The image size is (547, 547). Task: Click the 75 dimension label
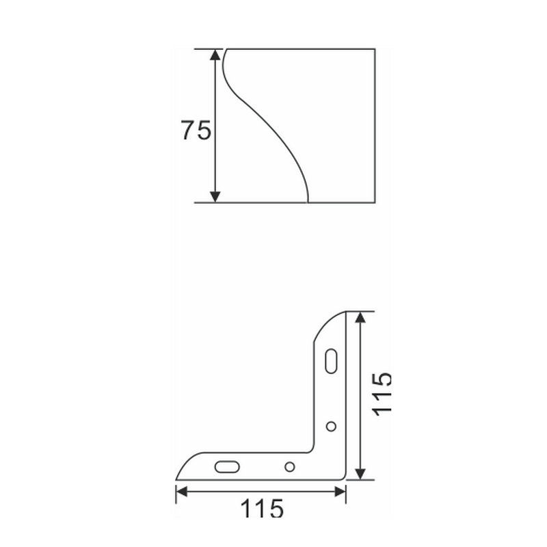pyautogui.click(x=196, y=130)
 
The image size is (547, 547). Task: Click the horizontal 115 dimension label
pyautogui.click(x=262, y=508)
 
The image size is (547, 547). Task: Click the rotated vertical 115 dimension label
pyautogui.click(x=382, y=395)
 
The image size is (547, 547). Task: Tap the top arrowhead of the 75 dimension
pyautogui.click(x=215, y=55)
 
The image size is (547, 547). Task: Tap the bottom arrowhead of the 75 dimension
pyautogui.click(x=215, y=197)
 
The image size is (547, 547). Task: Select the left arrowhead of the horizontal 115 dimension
pyautogui.click(x=181, y=492)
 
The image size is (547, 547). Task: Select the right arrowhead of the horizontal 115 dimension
pyautogui.click(x=340, y=492)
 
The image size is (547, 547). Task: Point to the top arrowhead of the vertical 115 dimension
pyautogui.click(x=361, y=317)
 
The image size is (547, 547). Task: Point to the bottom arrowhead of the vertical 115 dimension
pyautogui.click(x=361, y=474)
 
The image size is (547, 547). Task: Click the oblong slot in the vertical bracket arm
pyautogui.click(x=331, y=361)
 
